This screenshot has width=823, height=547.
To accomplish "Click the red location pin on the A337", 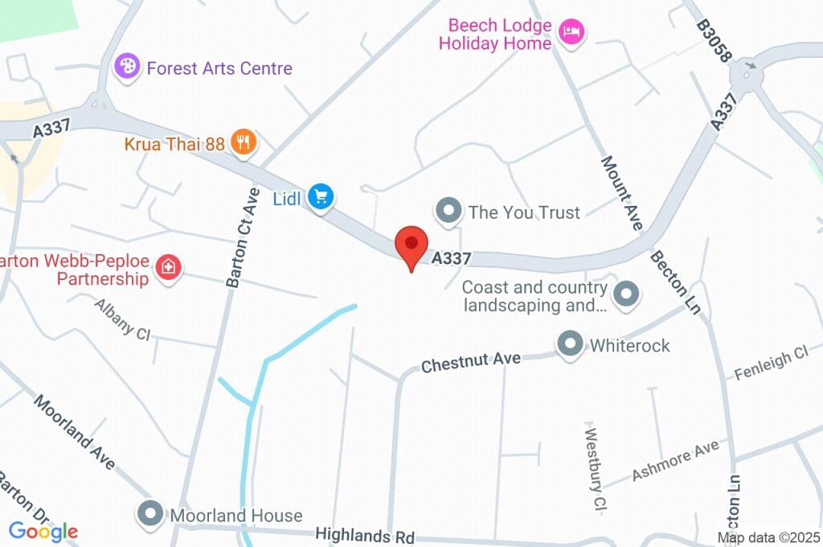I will click(x=411, y=244).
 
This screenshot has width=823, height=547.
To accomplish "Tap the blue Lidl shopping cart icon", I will click(x=321, y=196).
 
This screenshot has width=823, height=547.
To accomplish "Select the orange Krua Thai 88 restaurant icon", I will click(x=243, y=143).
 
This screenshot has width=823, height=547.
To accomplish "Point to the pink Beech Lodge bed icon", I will click(x=571, y=32).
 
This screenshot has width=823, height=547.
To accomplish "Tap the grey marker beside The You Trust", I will click(x=448, y=212).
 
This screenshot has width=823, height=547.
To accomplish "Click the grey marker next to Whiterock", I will click(x=571, y=344).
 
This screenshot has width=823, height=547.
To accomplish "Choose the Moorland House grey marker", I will click(x=151, y=513).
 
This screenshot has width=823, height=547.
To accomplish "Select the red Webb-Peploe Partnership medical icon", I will click(x=168, y=267).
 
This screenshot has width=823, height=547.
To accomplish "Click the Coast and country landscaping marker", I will click(x=626, y=294).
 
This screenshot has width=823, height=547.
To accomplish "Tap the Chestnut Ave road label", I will click(x=471, y=362).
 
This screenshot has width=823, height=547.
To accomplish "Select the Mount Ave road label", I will click(x=621, y=193).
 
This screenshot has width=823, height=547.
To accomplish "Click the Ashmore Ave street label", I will click(x=674, y=461).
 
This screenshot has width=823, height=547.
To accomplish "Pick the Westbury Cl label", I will click(x=594, y=455).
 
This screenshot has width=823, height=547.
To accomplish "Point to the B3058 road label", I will click(x=714, y=42).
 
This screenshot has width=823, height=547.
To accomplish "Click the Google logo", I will click(x=43, y=531).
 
